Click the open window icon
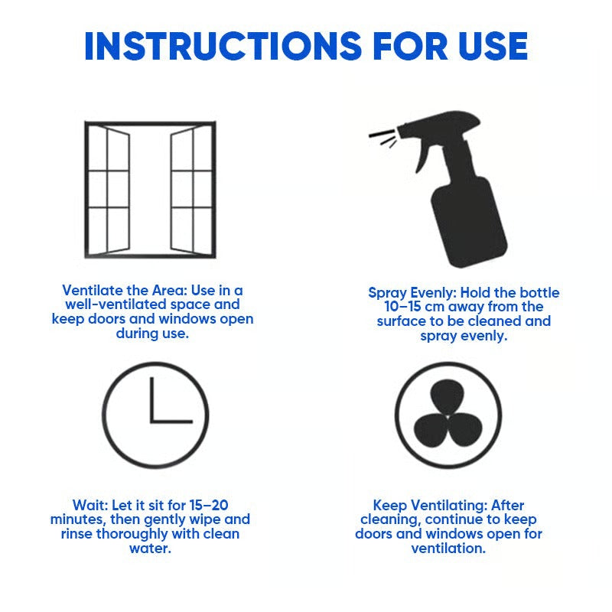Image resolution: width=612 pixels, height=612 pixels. [x=150, y=190]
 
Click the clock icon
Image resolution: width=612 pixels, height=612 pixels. [x=155, y=415]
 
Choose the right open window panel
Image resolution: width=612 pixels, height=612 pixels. [x=184, y=191]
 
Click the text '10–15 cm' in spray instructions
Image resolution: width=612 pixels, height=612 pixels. [x=412, y=308]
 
